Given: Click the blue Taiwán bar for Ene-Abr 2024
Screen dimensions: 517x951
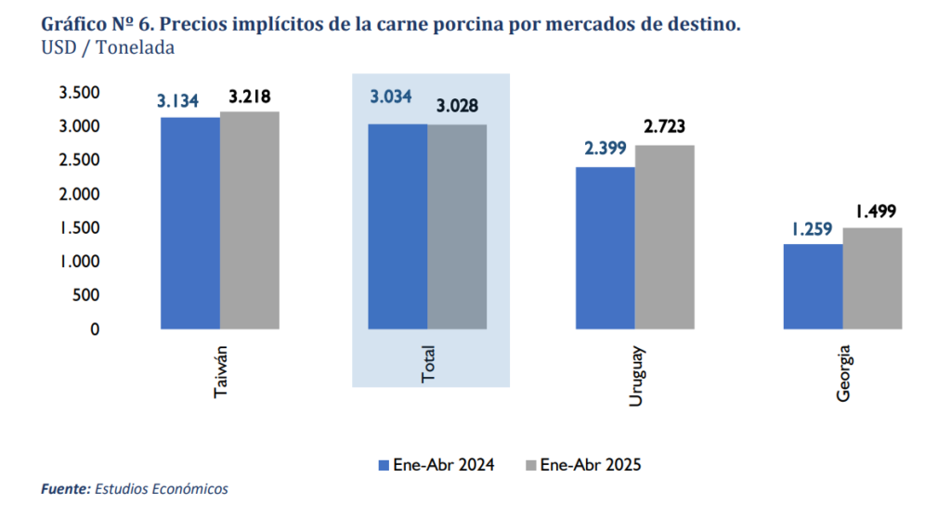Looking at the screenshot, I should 190,223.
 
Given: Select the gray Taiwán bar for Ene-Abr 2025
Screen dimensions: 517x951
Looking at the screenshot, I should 250,220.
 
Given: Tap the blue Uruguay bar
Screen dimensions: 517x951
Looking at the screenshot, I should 606,248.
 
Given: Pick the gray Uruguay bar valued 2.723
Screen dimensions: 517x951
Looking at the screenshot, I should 665,237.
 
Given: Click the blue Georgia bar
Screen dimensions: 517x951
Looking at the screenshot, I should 813,286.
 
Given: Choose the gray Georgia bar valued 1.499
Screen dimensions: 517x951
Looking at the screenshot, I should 872,278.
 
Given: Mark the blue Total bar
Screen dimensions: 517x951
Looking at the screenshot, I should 397,226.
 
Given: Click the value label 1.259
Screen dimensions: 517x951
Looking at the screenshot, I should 813,227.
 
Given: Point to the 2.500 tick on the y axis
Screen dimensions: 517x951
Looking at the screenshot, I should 79,160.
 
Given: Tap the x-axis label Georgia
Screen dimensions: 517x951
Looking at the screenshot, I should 843,374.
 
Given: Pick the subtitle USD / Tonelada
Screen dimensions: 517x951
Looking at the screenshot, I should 108,48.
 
